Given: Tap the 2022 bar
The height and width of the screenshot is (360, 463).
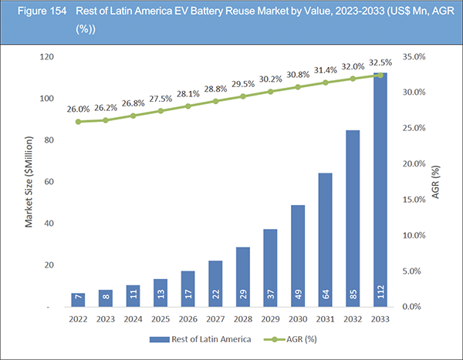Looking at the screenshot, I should click(77, 300).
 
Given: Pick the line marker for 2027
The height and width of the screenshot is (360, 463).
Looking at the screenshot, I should click(215, 101).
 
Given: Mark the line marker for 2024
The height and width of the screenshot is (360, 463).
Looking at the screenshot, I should click(133, 116).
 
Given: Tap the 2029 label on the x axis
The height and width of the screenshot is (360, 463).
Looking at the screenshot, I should click(270, 318).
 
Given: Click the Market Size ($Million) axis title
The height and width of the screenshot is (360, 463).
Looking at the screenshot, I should click(29, 182).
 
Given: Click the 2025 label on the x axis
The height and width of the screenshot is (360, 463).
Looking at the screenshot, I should click(160, 318).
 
